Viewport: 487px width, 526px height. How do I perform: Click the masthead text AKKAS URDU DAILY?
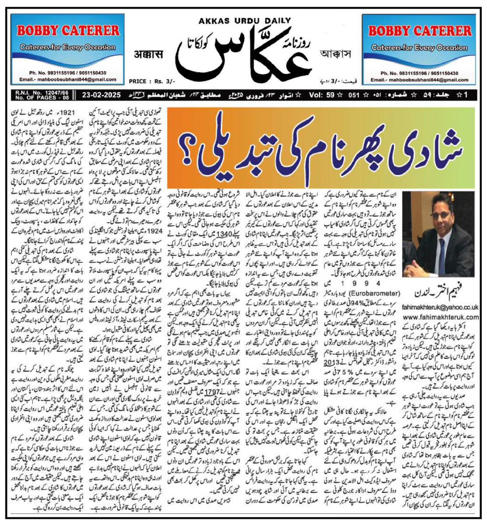245,21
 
